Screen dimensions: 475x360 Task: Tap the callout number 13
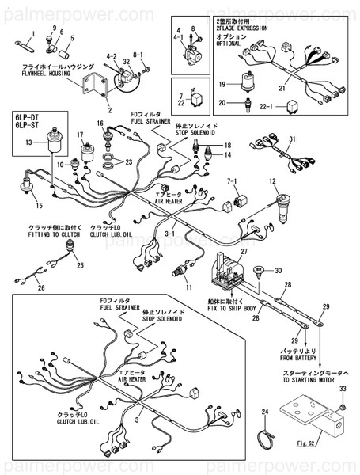point(29,142)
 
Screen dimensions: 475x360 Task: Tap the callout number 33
point(343,388)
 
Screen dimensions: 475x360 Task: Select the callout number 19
point(223,83)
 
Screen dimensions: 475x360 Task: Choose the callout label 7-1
point(233,181)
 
